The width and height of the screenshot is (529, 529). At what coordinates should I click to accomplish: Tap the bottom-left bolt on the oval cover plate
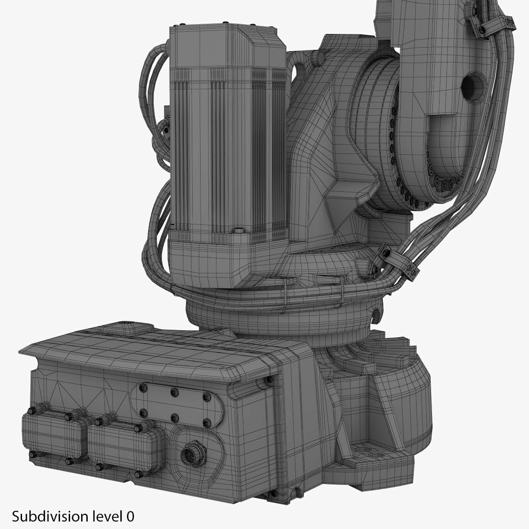click(142, 412)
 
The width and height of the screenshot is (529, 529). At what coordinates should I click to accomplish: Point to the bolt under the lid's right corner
click(268, 380)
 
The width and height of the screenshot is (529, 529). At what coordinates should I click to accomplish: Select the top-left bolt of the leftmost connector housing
click(31, 411)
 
